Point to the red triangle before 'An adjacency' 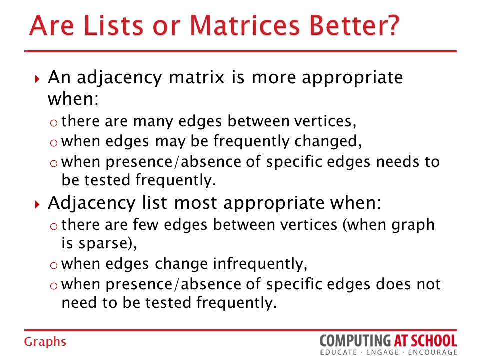(37, 79)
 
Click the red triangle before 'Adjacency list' (37, 204)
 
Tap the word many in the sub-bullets (153, 121)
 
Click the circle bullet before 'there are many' (54, 123)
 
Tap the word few (146, 225)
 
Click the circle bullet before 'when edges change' (54, 265)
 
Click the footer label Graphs (45, 342)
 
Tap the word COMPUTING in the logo (355, 340)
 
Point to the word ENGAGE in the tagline (382, 352)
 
